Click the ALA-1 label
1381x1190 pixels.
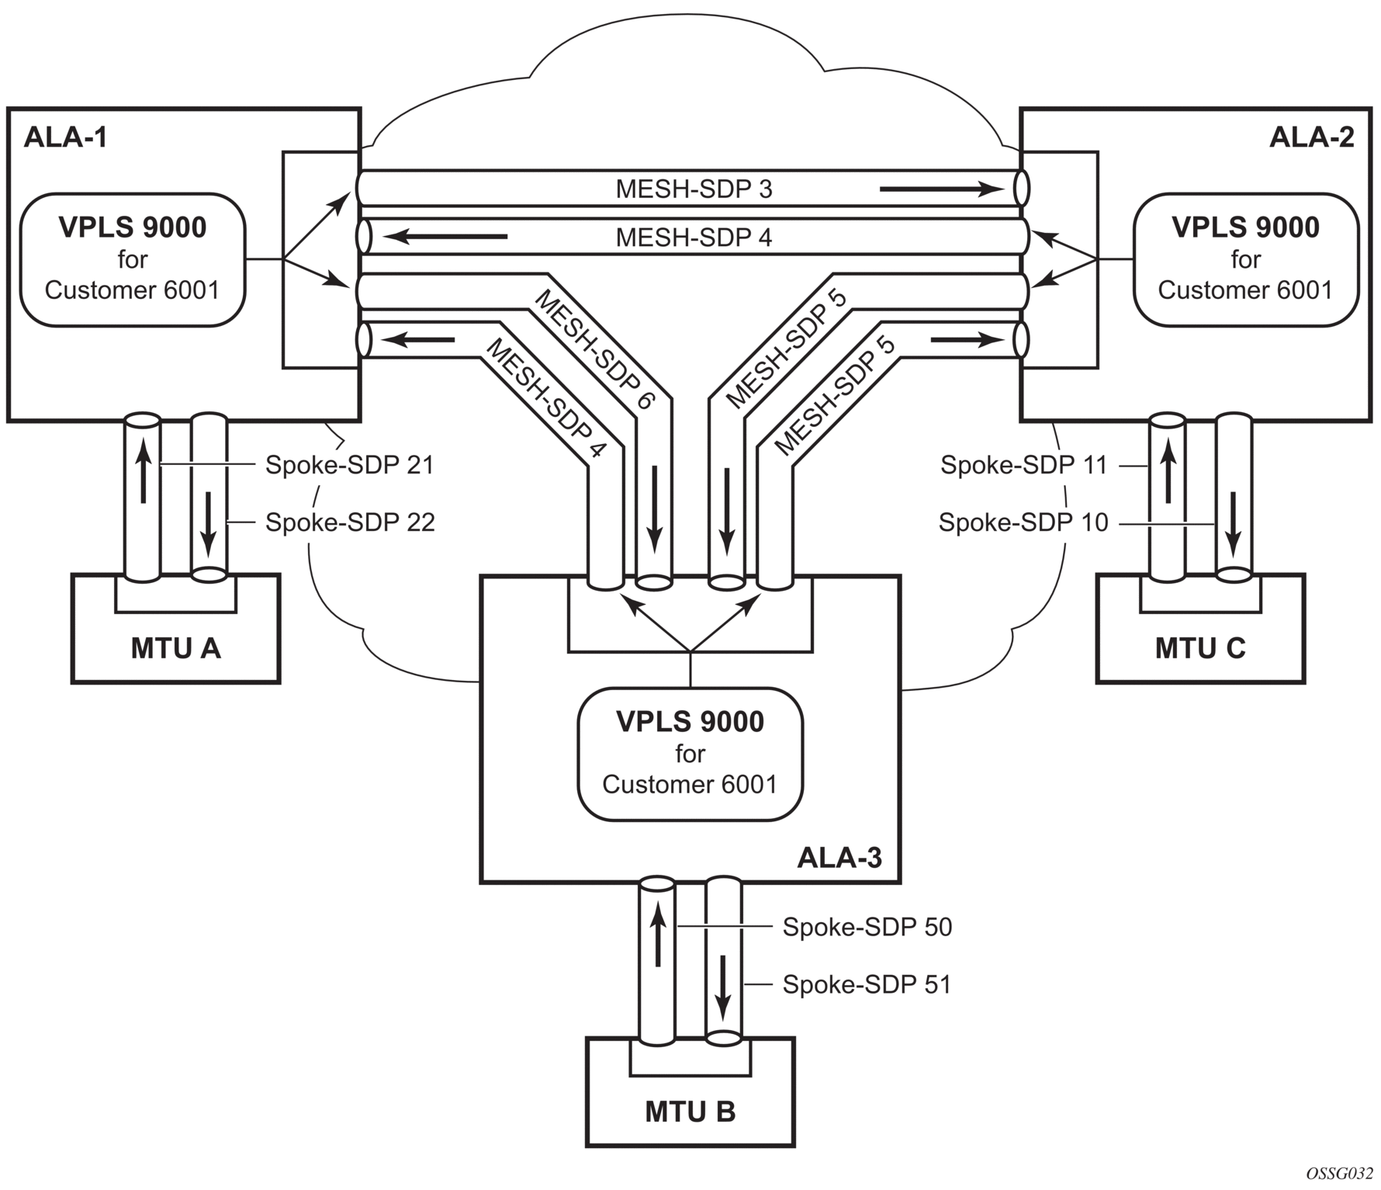click(66, 137)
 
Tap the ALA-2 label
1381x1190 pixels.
click(1311, 137)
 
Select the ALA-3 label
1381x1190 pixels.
click(839, 858)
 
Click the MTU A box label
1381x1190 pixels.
click(175, 648)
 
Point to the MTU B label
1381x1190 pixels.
click(690, 1112)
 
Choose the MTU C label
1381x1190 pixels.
click(1199, 648)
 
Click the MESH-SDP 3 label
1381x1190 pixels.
click(694, 189)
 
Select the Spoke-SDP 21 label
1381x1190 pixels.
click(349, 465)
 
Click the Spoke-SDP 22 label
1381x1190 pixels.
click(350, 522)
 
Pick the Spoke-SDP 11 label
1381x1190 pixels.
click(1023, 465)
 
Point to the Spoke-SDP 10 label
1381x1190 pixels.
click(1023, 522)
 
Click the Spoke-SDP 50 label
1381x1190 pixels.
click(867, 927)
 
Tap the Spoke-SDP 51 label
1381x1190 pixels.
click(867, 984)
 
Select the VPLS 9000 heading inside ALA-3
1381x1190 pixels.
click(690, 722)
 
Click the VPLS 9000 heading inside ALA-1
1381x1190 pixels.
click(133, 227)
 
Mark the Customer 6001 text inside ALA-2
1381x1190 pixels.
click(1245, 290)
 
